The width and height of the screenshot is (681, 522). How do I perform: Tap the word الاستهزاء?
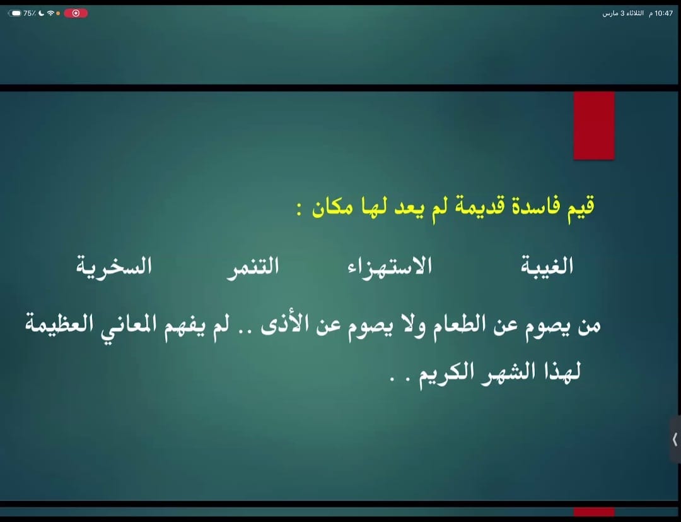390,266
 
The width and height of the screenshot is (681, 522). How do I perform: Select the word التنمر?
253,266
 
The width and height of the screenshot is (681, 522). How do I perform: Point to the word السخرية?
114,266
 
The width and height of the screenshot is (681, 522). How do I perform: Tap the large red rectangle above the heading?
593,125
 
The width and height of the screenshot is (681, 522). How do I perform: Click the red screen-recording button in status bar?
76,13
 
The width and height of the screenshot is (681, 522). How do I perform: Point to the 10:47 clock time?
664,13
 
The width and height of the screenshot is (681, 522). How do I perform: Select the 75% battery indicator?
23,13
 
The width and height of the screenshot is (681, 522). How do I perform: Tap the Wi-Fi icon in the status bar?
50,13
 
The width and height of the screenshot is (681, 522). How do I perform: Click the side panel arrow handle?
675,439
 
